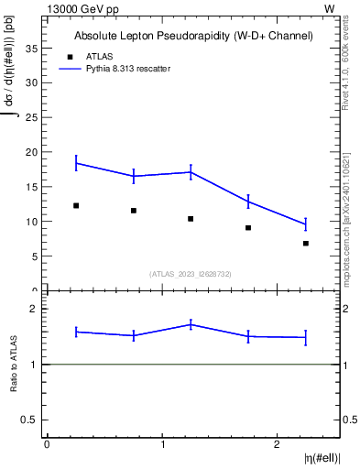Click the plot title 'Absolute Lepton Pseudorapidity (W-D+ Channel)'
(193, 36)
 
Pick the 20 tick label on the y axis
(33, 152)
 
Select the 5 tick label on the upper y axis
(36, 256)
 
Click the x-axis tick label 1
(162, 444)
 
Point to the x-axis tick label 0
(47, 444)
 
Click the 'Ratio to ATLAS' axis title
(14, 364)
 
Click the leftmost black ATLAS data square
(76, 205)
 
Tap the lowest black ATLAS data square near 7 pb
(306, 243)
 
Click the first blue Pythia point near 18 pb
(76, 163)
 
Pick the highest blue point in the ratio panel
(191, 323)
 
